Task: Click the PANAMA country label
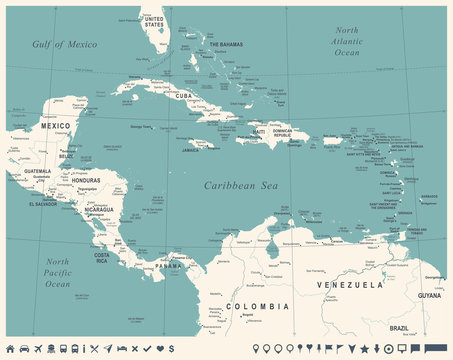click(x=168, y=266)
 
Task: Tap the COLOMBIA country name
click(x=256, y=305)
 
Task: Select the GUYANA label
click(x=427, y=296)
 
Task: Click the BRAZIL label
click(x=400, y=327)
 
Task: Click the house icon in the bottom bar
click(x=10, y=348)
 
